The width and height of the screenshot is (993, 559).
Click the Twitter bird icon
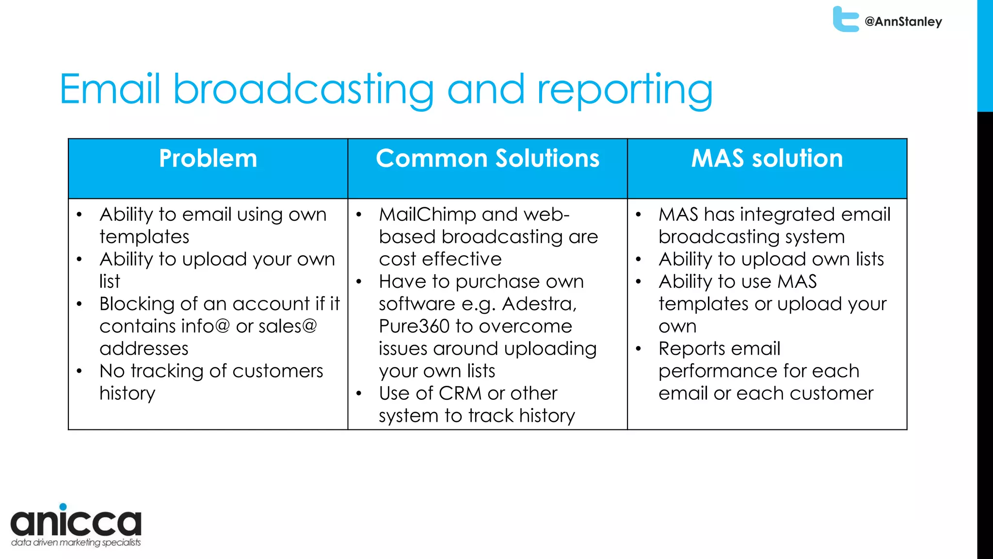(x=845, y=19)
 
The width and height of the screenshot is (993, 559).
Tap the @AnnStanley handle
(x=903, y=22)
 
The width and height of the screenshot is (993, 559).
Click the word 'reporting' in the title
(x=625, y=90)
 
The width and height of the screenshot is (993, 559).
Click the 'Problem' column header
(x=208, y=159)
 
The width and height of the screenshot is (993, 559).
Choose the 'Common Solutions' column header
(x=487, y=159)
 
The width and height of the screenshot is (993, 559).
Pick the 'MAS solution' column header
(x=767, y=159)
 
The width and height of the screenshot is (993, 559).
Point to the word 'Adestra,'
(x=539, y=304)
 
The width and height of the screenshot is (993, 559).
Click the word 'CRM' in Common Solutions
(x=460, y=394)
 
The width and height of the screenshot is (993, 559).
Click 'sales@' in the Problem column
(x=288, y=327)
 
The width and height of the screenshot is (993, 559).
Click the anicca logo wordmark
(x=76, y=523)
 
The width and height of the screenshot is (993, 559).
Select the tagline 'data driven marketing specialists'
(x=76, y=543)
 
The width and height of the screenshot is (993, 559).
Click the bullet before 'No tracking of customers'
(x=80, y=371)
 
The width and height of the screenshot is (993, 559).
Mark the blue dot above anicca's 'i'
(x=63, y=507)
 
